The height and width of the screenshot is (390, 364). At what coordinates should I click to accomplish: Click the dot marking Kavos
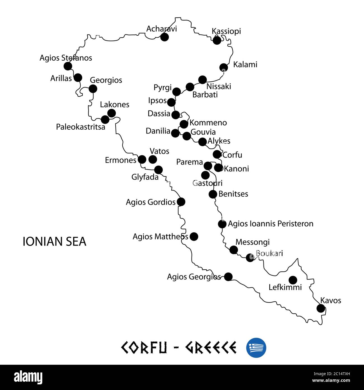click(x=321, y=308)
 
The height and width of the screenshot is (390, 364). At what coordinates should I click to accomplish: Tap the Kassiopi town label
click(x=226, y=31)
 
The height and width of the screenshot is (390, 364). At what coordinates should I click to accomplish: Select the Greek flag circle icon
click(x=256, y=348)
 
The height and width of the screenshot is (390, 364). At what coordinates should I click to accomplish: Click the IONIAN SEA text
click(x=54, y=242)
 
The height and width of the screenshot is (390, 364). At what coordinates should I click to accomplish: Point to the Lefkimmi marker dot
click(x=293, y=280)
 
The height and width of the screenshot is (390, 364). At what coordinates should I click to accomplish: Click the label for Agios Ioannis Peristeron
click(x=270, y=224)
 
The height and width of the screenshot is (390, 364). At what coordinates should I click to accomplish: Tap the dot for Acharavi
click(x=164, y=37)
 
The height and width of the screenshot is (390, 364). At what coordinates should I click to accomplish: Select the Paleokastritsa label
click(x=81, y=127)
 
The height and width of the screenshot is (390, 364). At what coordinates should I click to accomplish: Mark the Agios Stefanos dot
click(x=68, y=66)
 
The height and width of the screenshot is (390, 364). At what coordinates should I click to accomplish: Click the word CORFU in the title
click(x=144, y=348)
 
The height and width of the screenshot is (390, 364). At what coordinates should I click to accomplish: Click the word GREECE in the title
click(x=211, y=348)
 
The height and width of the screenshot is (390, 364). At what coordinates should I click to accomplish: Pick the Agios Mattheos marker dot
click(x=194, y=237)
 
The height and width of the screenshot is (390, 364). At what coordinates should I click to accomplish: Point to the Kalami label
click(x=245, y=65)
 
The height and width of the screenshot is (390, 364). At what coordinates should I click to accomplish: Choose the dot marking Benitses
click(x=213, y=194)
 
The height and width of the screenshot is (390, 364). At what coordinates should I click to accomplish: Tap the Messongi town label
click(x=253, y=242)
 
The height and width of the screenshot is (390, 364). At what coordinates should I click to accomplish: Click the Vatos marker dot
click(x=153, y=159)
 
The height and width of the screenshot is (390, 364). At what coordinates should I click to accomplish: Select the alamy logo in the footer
click(x=28, y=377)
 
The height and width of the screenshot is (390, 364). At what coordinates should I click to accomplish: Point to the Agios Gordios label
click(x=151, y=202)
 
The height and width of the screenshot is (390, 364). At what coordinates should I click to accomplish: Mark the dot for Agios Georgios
click(x=228, y=277)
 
